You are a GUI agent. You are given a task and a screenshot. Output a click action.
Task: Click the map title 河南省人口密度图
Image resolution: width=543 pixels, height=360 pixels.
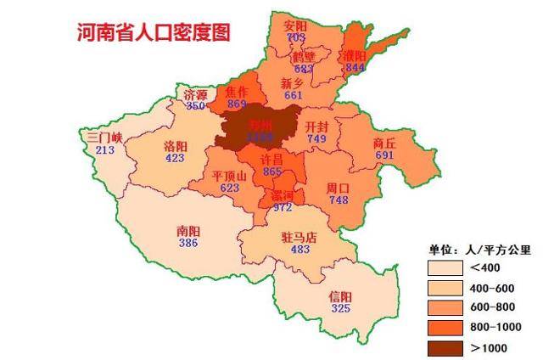[x=153, y=32]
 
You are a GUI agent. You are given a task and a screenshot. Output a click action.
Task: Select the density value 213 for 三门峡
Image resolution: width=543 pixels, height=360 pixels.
[x=105, y=150]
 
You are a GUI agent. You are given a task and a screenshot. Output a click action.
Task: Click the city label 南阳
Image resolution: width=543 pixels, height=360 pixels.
[x=188, y=230]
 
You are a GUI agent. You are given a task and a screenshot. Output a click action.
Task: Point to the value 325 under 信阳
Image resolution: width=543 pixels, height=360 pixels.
[x=340, y=308]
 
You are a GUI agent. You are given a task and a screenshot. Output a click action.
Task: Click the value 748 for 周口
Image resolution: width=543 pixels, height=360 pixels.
[x=339, y=200]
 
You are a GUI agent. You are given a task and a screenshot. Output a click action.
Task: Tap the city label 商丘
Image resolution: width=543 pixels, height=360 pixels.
[x=384, y=143]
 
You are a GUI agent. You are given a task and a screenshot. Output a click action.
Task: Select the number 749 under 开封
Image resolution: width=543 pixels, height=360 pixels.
[x=316, y=138]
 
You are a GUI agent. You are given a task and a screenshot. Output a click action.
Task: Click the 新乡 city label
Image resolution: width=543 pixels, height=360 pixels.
[x=294, y=83]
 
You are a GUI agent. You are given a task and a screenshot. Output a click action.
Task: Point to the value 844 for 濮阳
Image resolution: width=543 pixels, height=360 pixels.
[x=355, y=67]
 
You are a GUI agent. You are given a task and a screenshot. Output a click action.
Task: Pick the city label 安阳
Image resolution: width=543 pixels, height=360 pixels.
[x=296, y=26]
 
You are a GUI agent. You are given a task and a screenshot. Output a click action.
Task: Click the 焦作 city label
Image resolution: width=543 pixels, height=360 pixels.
[x=237, y=91]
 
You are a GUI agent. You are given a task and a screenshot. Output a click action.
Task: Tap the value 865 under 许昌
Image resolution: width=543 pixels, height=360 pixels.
[x=272, y=172]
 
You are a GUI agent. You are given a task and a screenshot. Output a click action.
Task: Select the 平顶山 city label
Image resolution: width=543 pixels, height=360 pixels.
[x=230, y=176]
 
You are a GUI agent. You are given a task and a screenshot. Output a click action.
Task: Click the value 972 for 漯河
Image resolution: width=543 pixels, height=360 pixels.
[x=282, y=207]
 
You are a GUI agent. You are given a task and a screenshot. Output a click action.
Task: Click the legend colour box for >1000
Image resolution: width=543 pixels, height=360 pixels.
[x=445, y=347]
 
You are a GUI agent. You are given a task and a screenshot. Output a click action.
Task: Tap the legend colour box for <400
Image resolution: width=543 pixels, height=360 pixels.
[x=445, y=268]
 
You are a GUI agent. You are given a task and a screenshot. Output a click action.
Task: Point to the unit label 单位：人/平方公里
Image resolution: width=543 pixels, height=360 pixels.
[x=479, y=250]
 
